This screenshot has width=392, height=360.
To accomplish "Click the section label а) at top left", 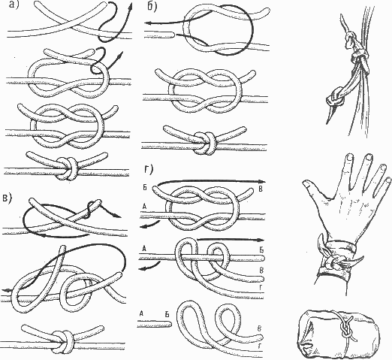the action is pos(14,5).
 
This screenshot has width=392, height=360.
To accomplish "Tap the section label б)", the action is pos(152,7).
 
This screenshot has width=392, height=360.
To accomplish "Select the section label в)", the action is pos(8,198).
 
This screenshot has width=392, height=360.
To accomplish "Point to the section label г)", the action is pos(149,170).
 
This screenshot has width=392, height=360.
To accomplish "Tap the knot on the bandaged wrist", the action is pos(336,262).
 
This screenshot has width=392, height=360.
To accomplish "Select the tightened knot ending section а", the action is pos(67,168).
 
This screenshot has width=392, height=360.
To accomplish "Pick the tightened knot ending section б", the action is pos(205,143).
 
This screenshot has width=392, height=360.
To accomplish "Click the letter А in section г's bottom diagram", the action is pos(142,313).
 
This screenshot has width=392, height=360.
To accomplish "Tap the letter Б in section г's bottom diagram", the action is pos(167,313).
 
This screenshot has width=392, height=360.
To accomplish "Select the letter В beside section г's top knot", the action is pos(261,189).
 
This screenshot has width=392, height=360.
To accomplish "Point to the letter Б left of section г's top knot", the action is pos(148,188).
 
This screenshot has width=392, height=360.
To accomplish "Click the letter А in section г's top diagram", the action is pos(145,206).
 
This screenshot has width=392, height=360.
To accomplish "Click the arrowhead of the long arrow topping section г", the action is pos(262,181).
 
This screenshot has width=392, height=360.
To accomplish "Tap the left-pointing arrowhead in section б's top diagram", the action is pos(149,23).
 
